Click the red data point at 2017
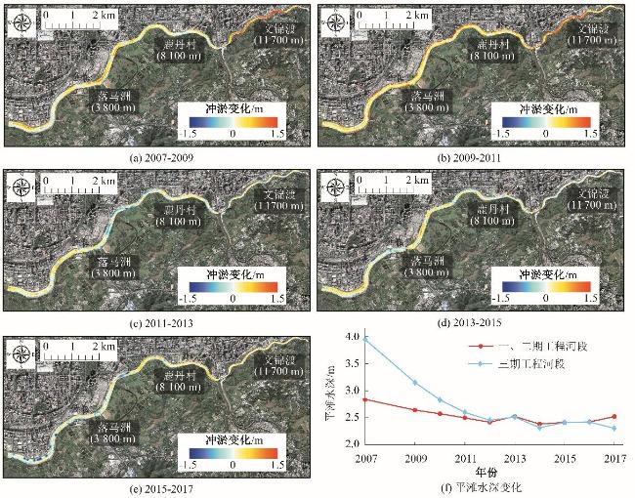click(614, 417)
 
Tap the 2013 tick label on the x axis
click(515, 457)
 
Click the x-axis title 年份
click(489, 470)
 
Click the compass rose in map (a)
click(20, 20)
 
